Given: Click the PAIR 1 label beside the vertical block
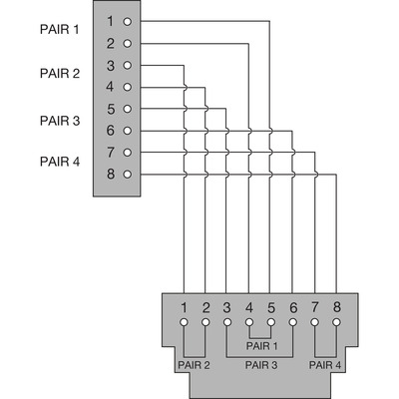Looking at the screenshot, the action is [60, 29].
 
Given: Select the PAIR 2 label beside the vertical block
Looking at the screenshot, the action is [60, 73].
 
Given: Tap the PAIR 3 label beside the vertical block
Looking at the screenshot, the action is [60, 121].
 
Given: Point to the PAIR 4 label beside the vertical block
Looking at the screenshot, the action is [60, 162].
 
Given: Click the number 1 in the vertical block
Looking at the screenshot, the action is [110, 22].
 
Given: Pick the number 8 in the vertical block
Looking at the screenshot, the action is [111, 174].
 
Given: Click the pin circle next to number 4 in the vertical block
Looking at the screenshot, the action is [128, 87].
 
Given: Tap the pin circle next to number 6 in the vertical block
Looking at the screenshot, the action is [128, 131].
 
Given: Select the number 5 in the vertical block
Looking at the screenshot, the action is [111, 109].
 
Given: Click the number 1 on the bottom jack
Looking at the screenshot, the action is [184, 307].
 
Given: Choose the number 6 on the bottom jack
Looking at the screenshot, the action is [293, 307].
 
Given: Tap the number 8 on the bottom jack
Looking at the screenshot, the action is [337, 307].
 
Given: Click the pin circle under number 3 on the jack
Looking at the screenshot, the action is [227, 322].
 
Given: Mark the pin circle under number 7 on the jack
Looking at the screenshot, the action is [314, 322].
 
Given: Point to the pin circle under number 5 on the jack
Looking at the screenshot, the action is [271, 322].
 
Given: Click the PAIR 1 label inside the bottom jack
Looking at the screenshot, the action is [261, 346].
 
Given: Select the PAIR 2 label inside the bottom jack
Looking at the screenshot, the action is [194, 365].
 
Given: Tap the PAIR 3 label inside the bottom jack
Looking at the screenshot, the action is [261, 365].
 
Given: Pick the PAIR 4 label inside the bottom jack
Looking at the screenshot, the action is [325, 365].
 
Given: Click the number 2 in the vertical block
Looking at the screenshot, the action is [111, 44].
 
